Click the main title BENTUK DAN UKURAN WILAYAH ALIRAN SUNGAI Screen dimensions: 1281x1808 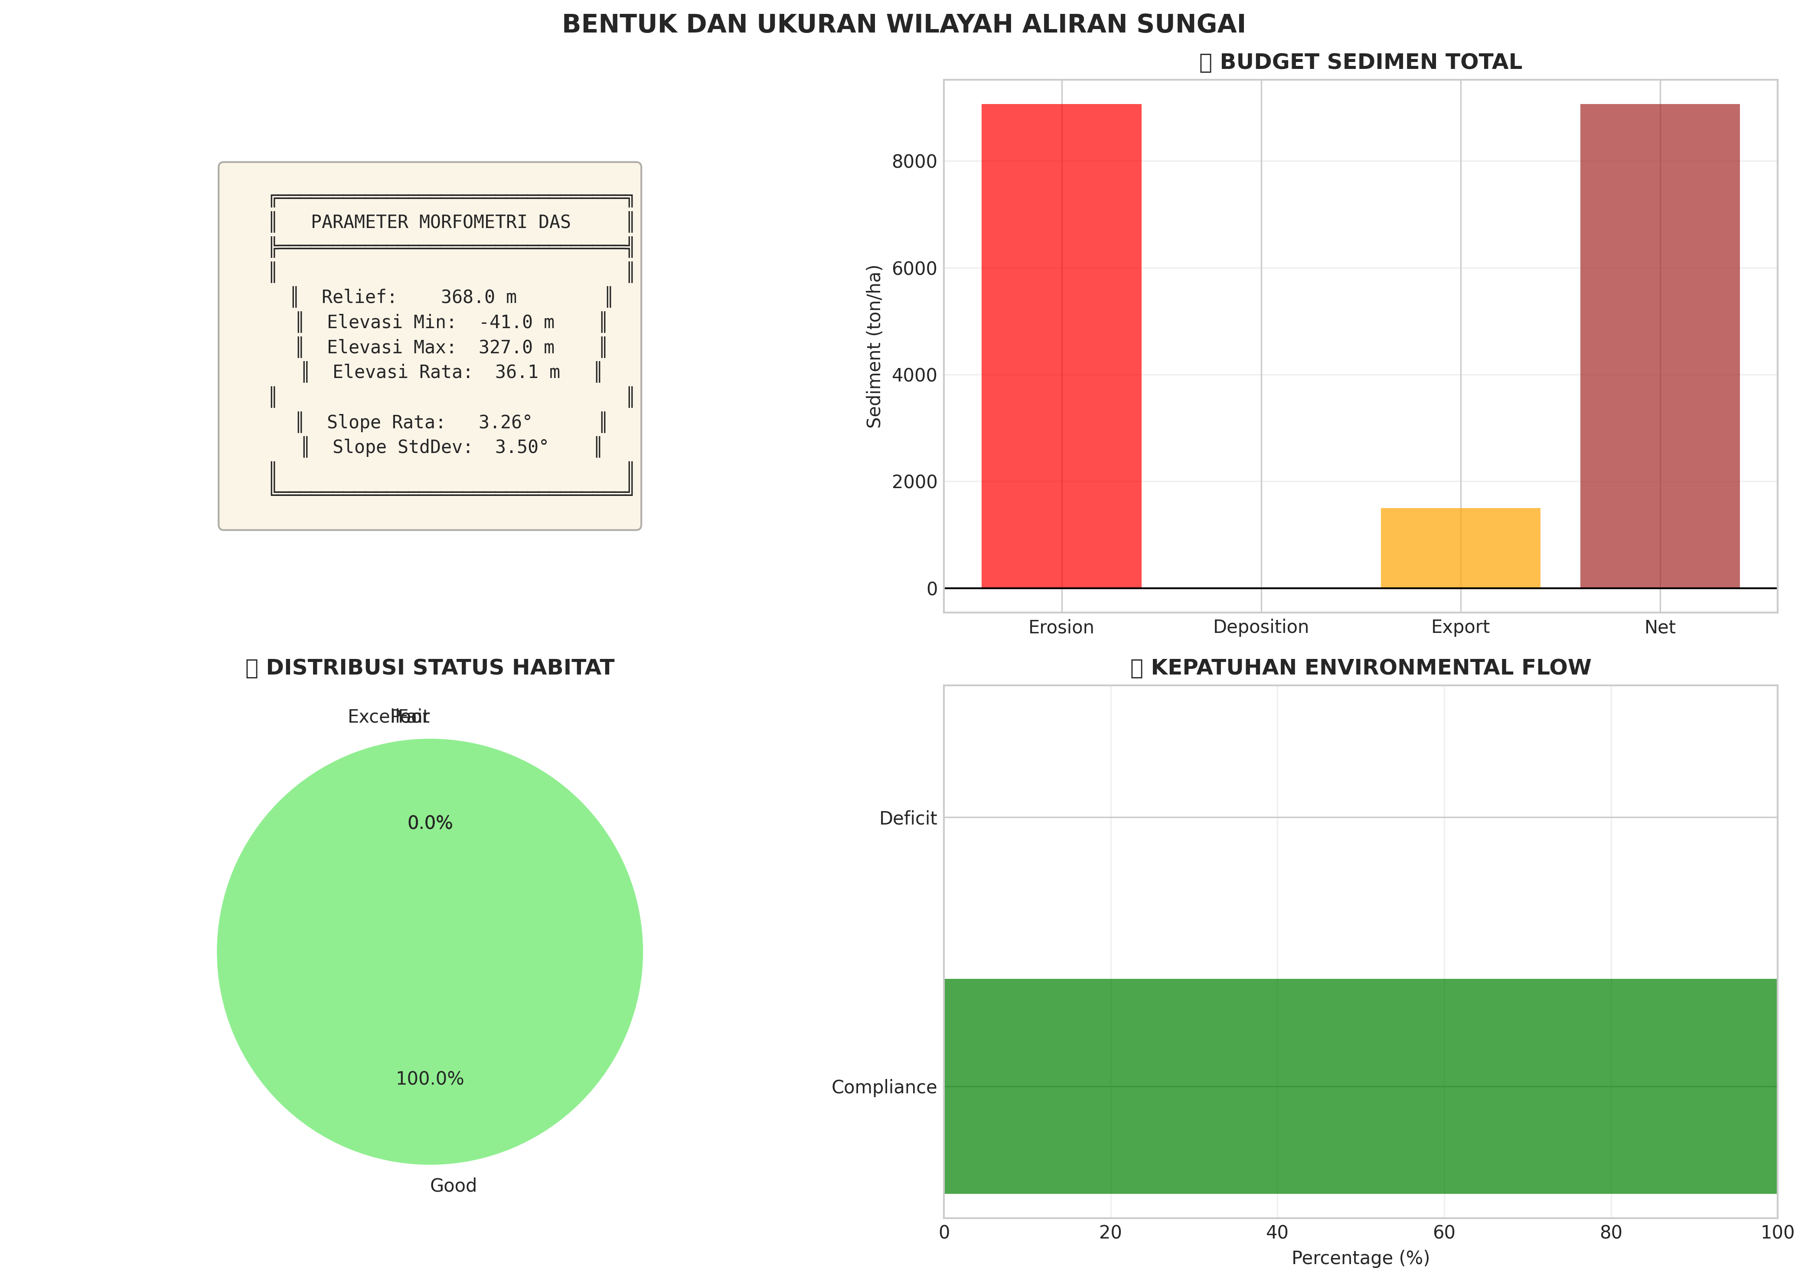(903, 24)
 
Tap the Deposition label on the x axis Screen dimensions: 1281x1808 (1260, 627)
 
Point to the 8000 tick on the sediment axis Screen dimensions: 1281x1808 (914, 162)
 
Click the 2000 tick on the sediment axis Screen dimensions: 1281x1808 (914, 482)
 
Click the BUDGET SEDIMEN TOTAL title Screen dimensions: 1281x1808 (1370, 62)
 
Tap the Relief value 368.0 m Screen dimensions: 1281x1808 (478, 297)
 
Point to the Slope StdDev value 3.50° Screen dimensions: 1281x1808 (522, 447)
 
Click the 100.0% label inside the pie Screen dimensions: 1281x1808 (430, 1078)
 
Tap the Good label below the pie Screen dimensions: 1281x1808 (453, 1186)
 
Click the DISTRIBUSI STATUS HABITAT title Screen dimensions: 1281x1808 (439, 668)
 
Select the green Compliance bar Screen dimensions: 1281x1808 (1360, 1086)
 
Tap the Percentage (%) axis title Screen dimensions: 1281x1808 (1360, 1258)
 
